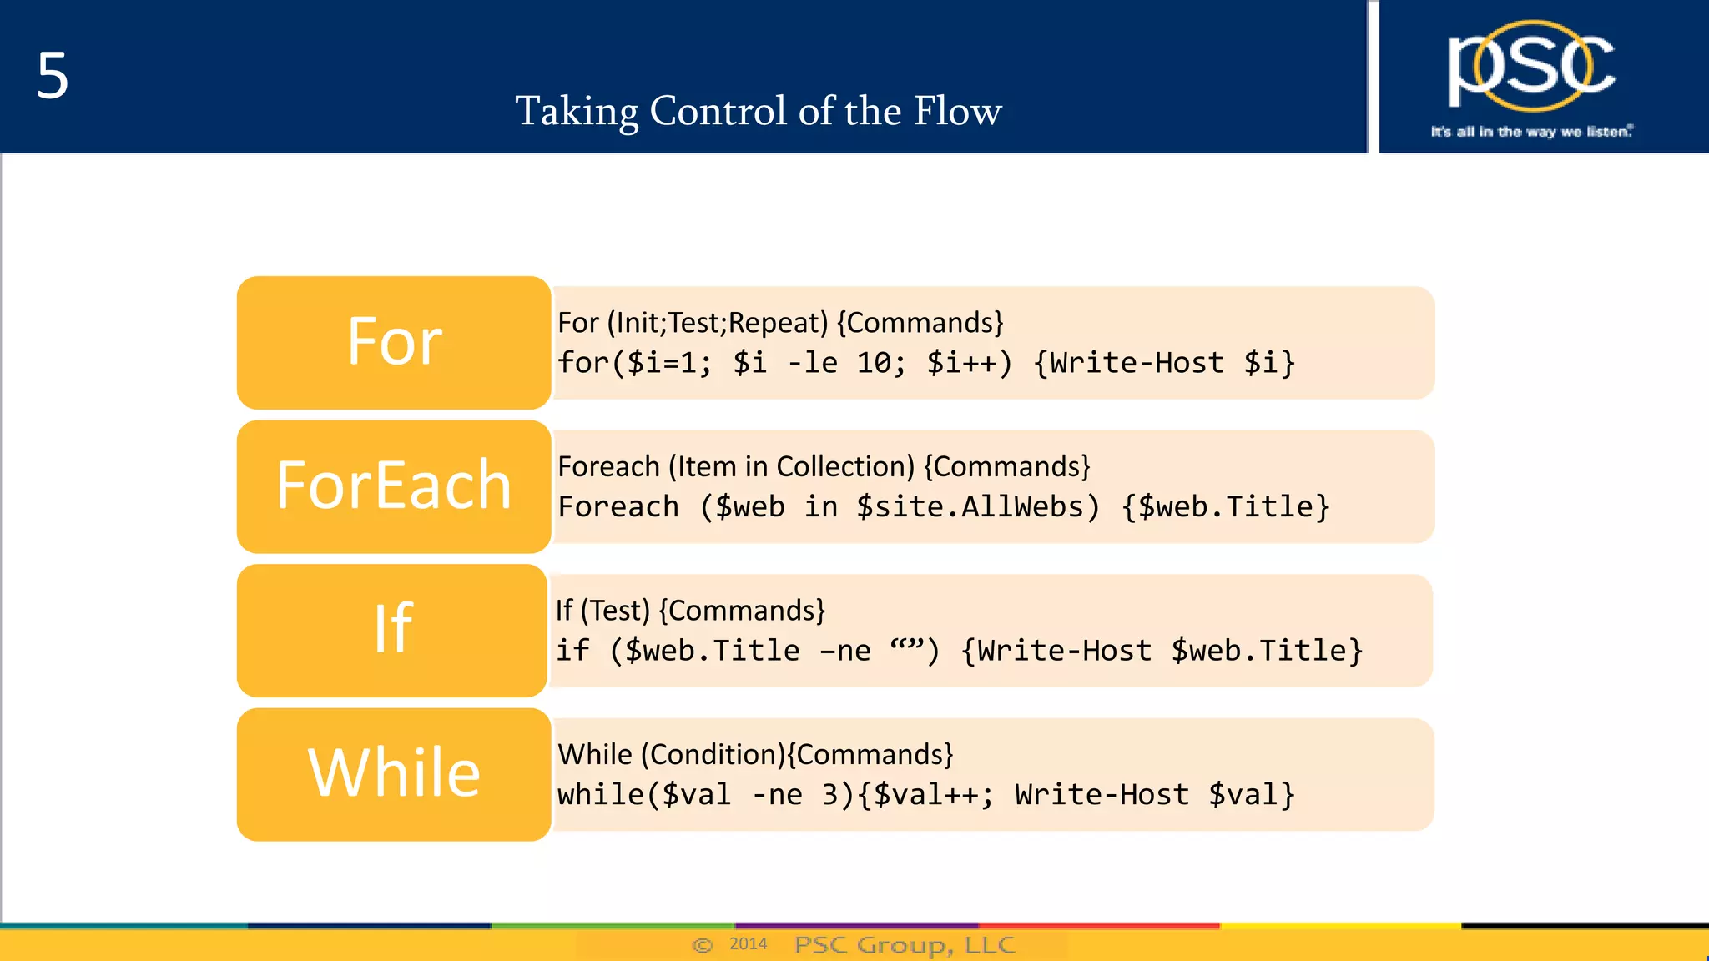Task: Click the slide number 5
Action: (52, 76)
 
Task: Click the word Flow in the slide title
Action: (957, 111)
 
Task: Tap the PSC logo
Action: (1530, 67)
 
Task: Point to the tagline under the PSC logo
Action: (1531, 132)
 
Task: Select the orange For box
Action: (394, 342)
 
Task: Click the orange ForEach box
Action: (394, 486)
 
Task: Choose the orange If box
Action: (392, 630)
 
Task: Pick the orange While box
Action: (394, 774)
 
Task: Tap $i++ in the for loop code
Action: (968, 363)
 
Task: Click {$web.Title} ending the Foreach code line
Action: (1225, 507)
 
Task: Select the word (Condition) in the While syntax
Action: (713, 755)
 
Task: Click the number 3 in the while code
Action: (830, 795)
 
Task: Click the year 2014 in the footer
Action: (748, 943)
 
